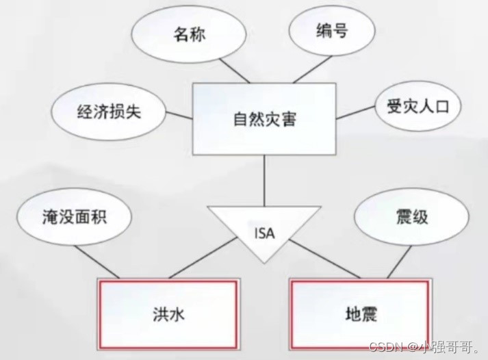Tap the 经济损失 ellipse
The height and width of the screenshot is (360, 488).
108,112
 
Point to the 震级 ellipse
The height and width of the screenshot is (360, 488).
411,218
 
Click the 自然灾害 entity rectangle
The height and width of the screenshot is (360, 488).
264,119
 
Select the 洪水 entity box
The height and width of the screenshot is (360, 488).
169,314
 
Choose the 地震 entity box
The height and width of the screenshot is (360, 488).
361,314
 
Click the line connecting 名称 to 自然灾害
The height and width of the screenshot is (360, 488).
218,70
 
